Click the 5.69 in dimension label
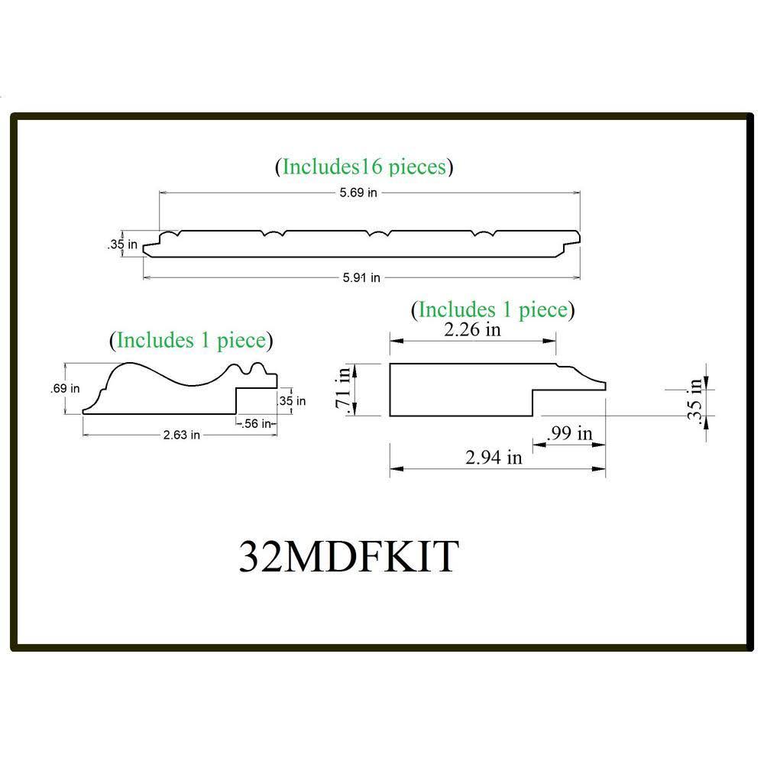click(x=358, y=193)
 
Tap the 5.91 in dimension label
click(x=361, y=278)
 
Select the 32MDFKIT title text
click(x=349, y=556)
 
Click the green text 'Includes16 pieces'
click(x=364, y=167)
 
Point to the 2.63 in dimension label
click(x=182, y=435)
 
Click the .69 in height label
click(x=65, y=388)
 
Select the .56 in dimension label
click(x=256, y=424)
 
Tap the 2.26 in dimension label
click(x=473, y=329)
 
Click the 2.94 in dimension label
click(x=494, y=458)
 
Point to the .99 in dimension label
click(x=570, y=433)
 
